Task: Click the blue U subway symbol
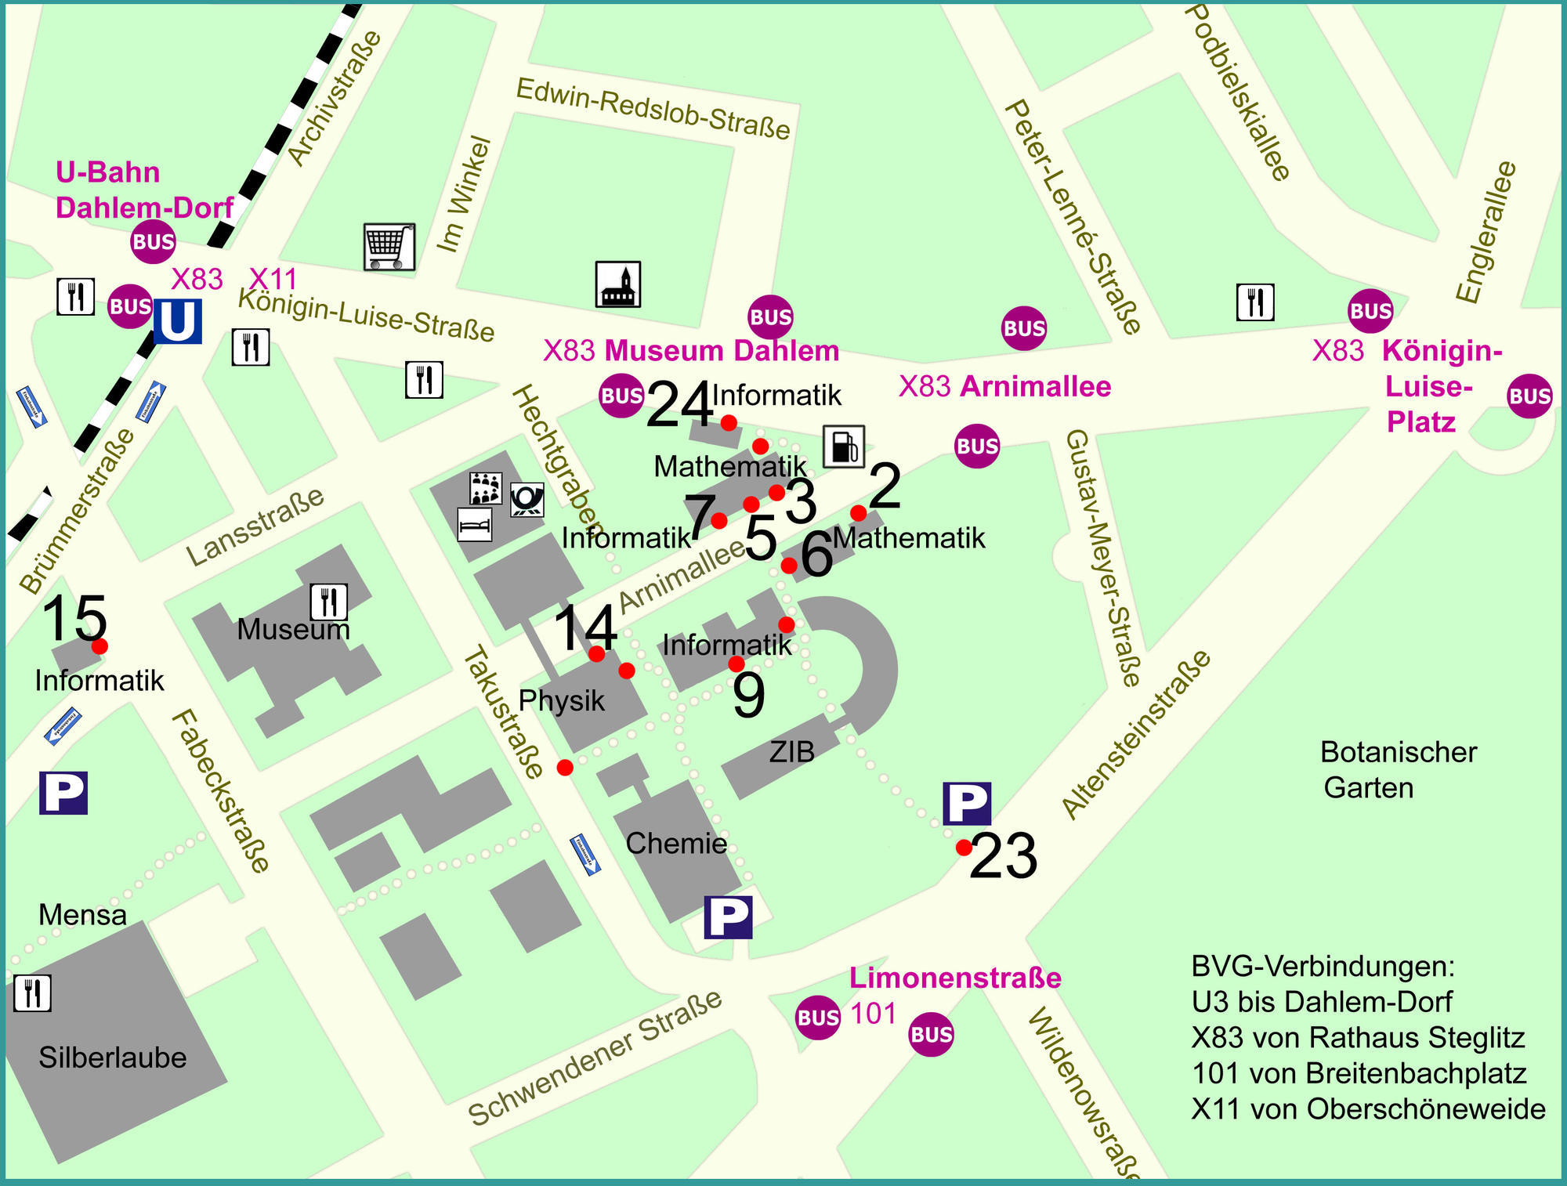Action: tap(178, 321)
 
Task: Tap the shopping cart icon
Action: tap(389, 247)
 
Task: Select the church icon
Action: tap(618, 284)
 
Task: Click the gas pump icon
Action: tap(844, 447)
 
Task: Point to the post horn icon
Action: tap(527, 500)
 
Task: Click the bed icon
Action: tap(475, 524)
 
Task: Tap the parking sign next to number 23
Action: tap(967, 803)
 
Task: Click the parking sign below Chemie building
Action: tap(728, 917)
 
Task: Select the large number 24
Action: tap(679, 405)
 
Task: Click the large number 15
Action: tap(74, 619)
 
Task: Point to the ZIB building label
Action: tap(791, 752)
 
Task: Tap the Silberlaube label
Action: tap(113, 1058)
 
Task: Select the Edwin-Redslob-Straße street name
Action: tap(653, 109)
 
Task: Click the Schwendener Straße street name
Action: tap(595, 1058)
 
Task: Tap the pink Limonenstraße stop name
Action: tap(955, 978)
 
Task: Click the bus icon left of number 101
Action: tap(817, 1018)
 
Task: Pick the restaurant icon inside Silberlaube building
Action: tap(32, 993)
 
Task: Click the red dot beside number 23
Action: tap(964, 848)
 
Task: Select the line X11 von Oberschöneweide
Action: tap(1368, 1109)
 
